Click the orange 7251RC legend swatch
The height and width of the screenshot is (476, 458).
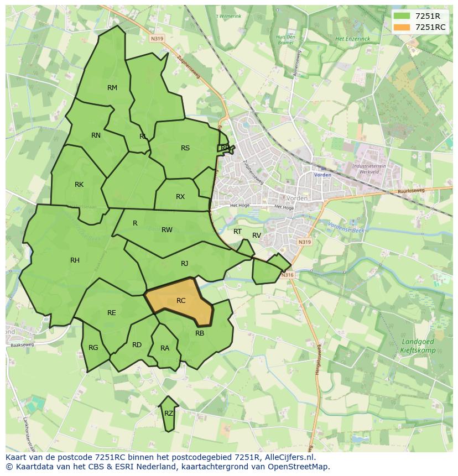(x=402, y=27)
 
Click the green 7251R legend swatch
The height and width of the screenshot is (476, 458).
(x=402, y=16)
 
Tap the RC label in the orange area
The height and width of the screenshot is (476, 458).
(x=181, y=301)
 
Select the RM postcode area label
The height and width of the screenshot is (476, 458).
(x=112, y=88)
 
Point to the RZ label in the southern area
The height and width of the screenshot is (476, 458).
(x=169, y=413)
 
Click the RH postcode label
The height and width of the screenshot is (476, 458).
(x=75, y=260)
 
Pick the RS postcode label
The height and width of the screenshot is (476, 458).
(x=185, y=148)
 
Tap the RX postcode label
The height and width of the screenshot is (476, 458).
(x=180, y=197)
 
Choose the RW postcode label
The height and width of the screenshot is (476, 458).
(x=167, y=230)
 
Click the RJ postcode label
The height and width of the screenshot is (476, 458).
(x=185, y=264)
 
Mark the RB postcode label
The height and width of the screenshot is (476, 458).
(x=200, y=333)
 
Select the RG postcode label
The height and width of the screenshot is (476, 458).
(x=93, y=348)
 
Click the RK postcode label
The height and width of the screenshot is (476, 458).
(x=79, y=185)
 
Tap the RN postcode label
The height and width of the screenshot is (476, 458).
(x=96, y=135)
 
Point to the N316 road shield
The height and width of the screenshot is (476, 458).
(x=286, y=275)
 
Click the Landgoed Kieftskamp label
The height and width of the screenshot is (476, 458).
(x=418, y=346)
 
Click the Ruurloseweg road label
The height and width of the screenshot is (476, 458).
(x=410, y=191)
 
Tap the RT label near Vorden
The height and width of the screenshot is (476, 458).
(x=237, y=232)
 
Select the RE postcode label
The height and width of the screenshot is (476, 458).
(x=112, y=313)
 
